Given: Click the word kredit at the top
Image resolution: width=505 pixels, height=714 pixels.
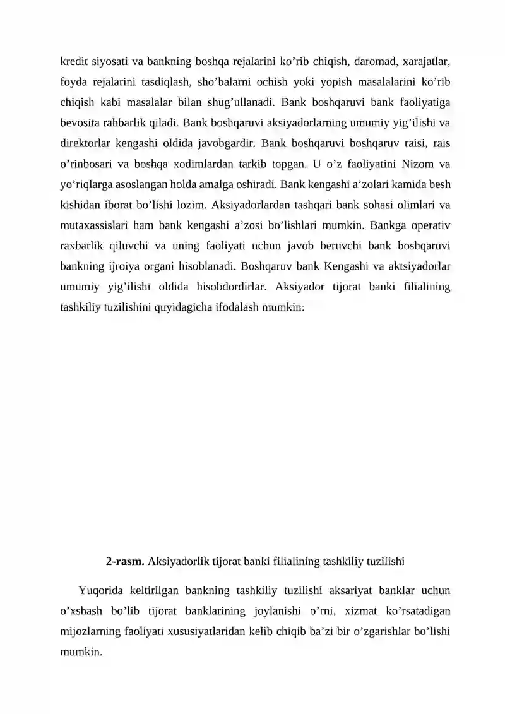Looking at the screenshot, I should pyautogui.click(x=73, y=62).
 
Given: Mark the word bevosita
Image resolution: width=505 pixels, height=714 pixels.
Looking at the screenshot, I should pyautogui.click(x=80, y=123).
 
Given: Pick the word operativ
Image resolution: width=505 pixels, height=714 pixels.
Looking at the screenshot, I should pyautogui.click(x=429, y=225).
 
